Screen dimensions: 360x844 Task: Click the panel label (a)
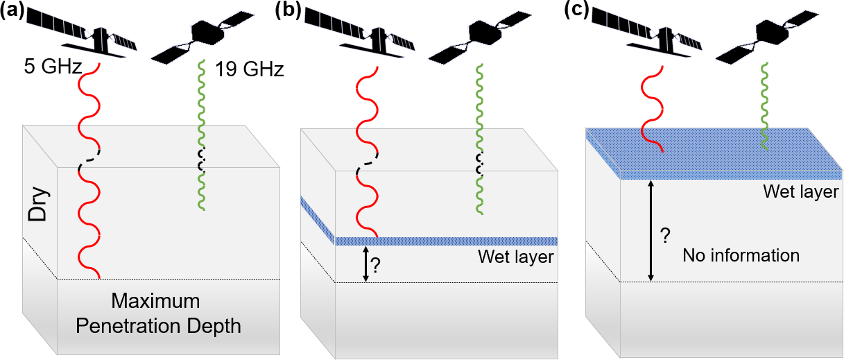13,12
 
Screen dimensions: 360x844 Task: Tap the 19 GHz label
249,69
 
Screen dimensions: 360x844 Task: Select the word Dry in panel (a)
39,205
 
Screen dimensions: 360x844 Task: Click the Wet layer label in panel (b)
516,257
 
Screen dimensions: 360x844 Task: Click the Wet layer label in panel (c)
801,191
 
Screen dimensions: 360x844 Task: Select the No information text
741,255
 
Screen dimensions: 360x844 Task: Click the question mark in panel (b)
376,266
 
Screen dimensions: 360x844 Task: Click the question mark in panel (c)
664,236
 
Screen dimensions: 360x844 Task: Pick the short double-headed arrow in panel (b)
364,264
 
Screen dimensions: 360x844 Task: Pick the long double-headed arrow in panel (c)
651,230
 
